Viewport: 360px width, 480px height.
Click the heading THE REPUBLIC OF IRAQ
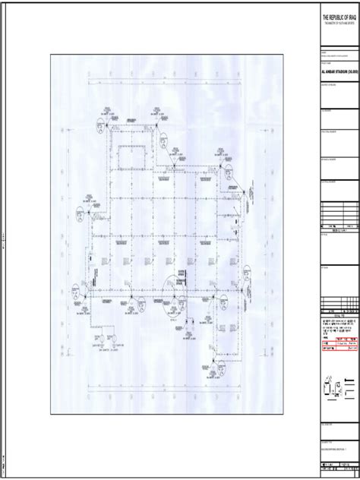338,17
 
